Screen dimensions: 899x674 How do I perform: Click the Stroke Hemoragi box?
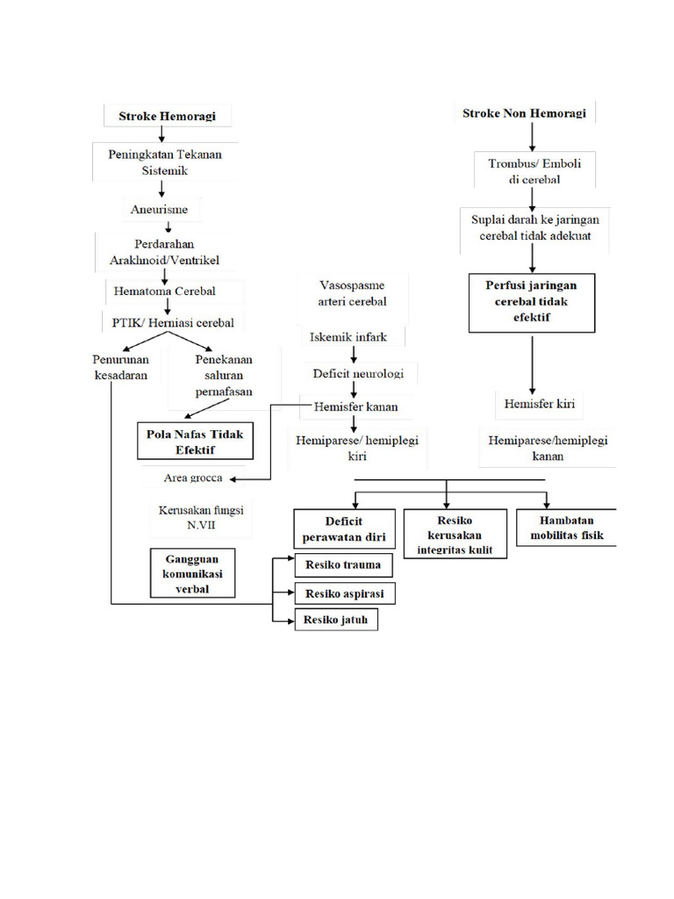point(161,115)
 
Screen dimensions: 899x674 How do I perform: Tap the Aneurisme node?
point(161,210)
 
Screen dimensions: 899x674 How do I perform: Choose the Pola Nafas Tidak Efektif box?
point(195,441)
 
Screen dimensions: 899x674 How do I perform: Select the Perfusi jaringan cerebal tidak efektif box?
point(532,301)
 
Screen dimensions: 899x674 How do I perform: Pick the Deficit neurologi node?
point(357,373)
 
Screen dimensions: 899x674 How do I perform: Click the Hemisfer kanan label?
point(355,406)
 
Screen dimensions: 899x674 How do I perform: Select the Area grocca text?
point(193,478)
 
